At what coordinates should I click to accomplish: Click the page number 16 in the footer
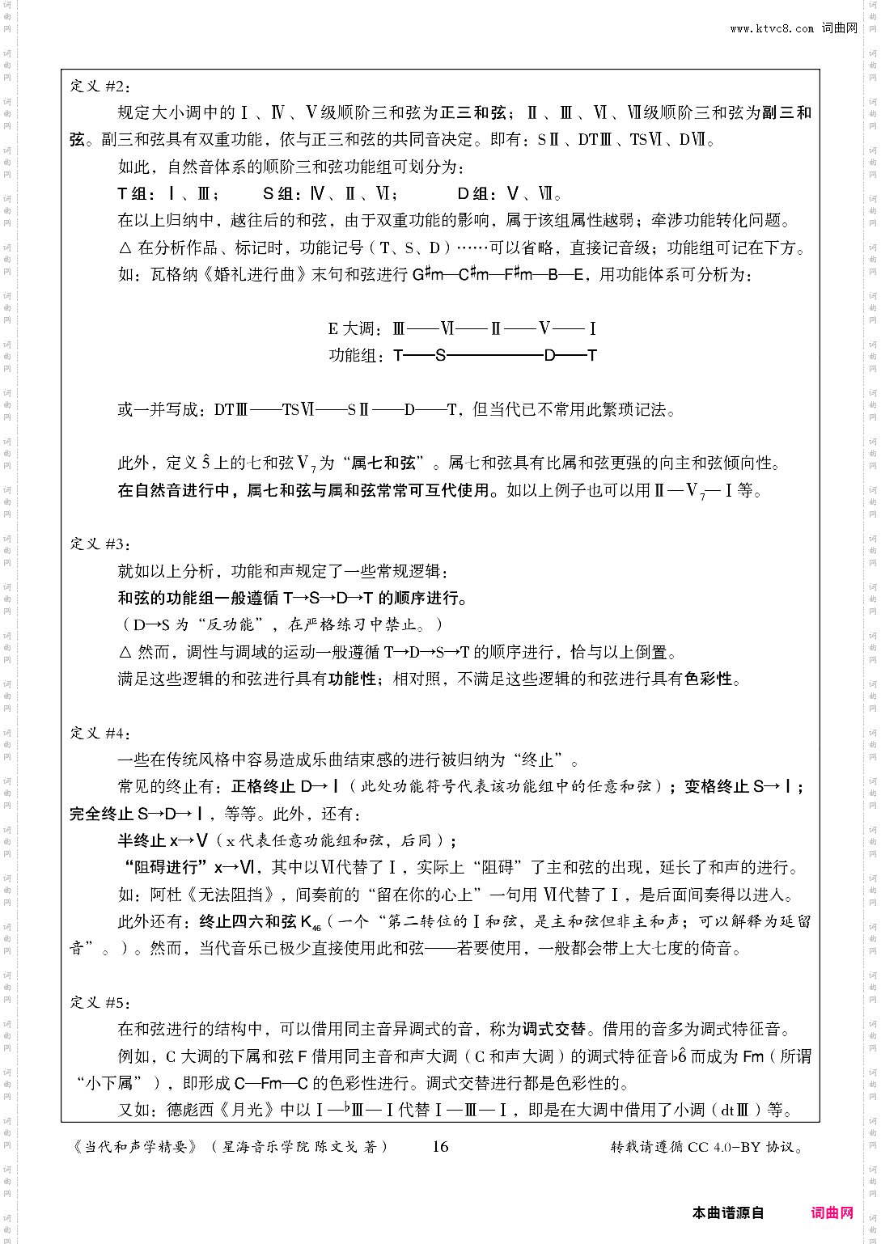pos(440,1146)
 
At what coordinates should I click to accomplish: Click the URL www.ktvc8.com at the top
pos(772,28)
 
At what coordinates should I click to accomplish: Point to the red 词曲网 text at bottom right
pos(832,1212)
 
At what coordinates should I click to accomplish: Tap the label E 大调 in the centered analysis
pos(354,328)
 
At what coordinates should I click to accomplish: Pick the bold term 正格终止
pos(264,786)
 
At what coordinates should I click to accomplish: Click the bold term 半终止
pos(142,840)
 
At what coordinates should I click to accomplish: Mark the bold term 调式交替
pos(554,1030)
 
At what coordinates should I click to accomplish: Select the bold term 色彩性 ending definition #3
pos(708,679)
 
